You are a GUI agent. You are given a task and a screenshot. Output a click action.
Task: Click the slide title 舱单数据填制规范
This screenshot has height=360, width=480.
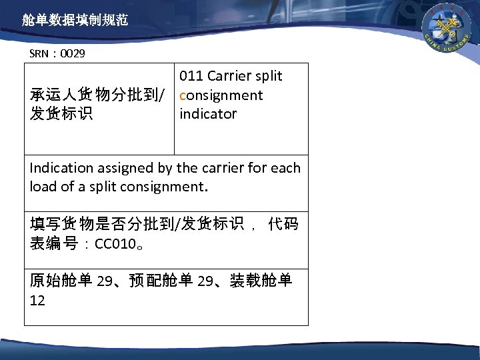(x=74, y=21)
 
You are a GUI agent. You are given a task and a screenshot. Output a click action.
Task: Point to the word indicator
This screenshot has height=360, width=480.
(x=208, y=113)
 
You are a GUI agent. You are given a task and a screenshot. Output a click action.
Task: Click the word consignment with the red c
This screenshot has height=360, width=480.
(x=221, y=95)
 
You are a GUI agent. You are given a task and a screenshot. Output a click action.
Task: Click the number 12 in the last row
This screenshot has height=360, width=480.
(x=38, y=300)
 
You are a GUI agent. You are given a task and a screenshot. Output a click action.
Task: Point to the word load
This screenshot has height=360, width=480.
(x=41, y=186)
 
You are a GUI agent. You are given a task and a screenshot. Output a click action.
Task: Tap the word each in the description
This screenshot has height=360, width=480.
(x=287, y=168)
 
